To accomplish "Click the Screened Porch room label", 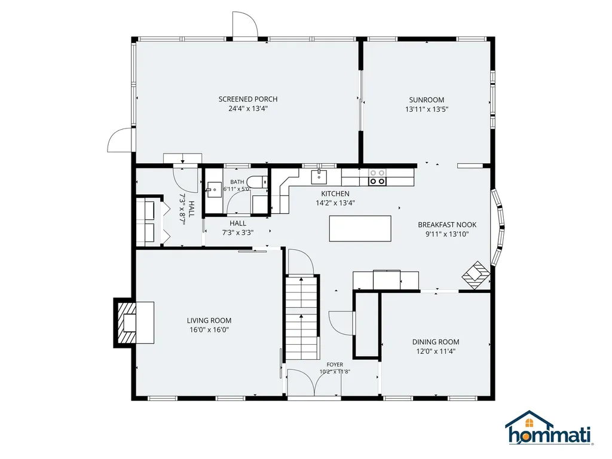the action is coord(248,99).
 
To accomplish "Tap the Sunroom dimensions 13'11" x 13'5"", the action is coord(427,109).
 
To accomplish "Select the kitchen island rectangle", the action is coord(360,229).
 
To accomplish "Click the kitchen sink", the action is coord(319,177).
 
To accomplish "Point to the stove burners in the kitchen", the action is coord(378,177).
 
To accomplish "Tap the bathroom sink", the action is coord(213,190).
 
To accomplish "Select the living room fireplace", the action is coord(133,322).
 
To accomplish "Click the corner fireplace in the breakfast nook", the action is coord(476,275).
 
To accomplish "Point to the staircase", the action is coord(301,318).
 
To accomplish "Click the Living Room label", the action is coord(209,320).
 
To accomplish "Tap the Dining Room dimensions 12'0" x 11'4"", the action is coord(436,351).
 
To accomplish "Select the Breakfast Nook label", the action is coord(447,225).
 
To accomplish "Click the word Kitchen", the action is coord(335,194).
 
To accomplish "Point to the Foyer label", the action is coord(335,365).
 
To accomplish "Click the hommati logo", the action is coord(549,428).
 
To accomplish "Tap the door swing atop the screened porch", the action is coord(244,25).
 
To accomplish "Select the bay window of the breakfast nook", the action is coord(498,228).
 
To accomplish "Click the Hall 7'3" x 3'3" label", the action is coord(238,228).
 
